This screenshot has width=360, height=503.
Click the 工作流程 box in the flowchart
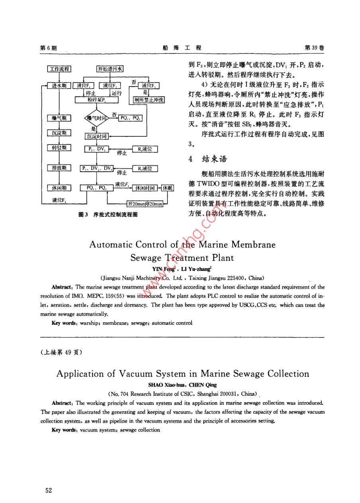(59, 69)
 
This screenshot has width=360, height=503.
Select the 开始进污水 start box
(110, 69)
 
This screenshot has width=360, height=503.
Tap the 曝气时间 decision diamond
(96, 118)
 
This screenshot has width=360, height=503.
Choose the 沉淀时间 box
(96, 136)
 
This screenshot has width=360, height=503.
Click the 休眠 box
(168, 188)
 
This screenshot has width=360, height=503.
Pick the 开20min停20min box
(145, 204)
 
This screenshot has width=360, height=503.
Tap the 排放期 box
(59, 168)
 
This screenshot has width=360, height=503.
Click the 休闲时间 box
(145, 188)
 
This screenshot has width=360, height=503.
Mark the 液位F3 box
(148, 86)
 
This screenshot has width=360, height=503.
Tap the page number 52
(49, 490)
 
